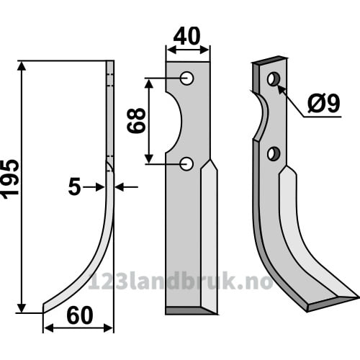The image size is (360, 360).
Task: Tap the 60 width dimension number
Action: click(x=80, y=316)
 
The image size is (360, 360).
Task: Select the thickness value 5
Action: click(x=74, y=187)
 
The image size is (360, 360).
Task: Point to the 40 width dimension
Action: click(x=186, y=36)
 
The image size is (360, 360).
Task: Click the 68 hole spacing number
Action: click(x=136, y=120)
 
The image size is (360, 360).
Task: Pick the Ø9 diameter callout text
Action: click(x=324, y=103)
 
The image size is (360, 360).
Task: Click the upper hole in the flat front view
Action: click(x=186, y=78)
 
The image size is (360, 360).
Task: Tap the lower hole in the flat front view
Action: click(x=186, y=164)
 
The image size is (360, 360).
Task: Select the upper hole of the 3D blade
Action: click(x=274, y=79)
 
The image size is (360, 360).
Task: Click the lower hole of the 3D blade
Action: click(x=274, y=154)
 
